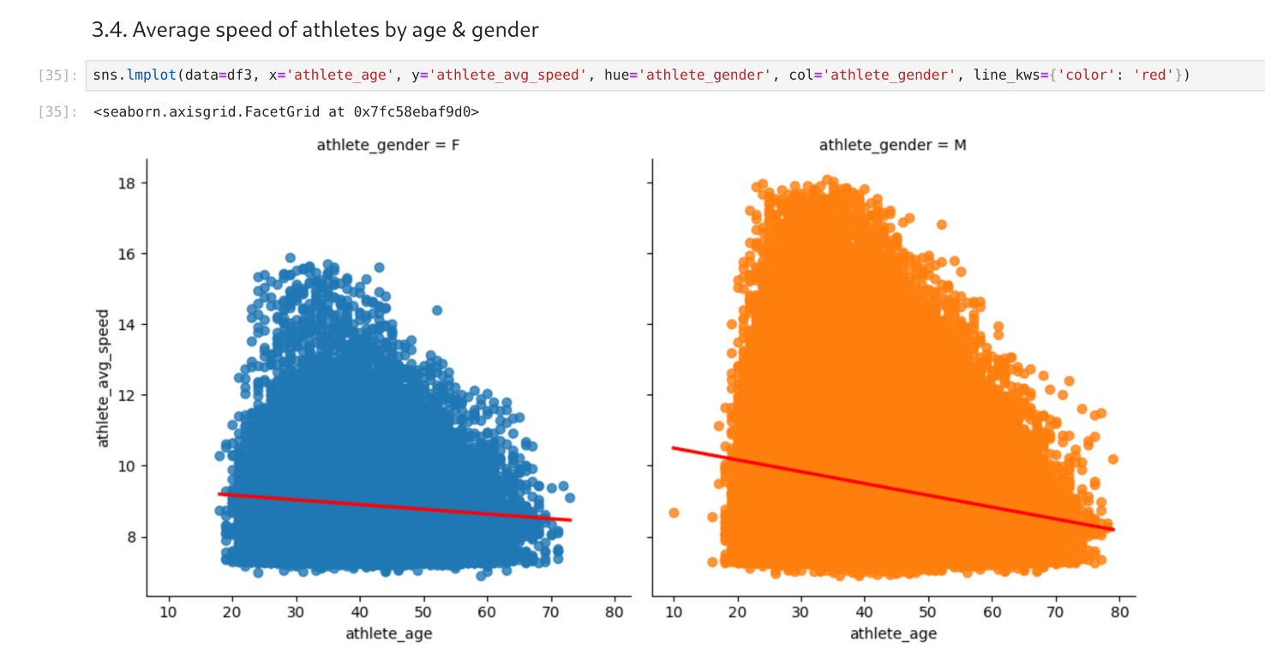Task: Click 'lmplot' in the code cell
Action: [150, 75]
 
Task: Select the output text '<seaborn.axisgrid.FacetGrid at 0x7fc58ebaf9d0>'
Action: [286, 111]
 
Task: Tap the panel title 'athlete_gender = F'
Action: [387, 145]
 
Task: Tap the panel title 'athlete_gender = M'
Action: [892, 145]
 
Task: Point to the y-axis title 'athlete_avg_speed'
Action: [103, 378]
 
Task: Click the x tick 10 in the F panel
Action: [168, 612]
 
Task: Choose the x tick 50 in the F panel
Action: [423, 612]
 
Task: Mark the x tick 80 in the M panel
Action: [1118, 612]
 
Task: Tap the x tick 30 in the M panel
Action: [800, 612]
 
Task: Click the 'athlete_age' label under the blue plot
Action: [388, 634]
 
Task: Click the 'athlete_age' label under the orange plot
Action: [893, 634]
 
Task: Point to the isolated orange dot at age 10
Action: [674, 513]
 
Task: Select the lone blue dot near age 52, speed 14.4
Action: [436, 310]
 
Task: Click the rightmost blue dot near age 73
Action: [570, 497]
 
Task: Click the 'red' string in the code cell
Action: [1154, 75]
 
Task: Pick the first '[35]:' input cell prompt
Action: [58, 75]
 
